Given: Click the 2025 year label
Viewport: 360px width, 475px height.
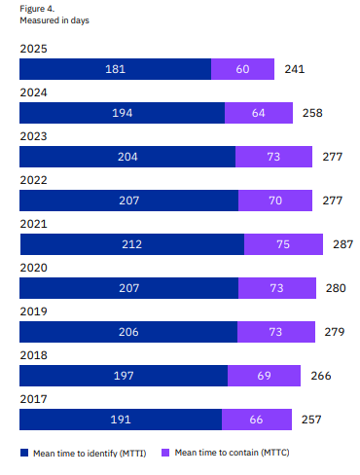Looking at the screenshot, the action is coord(33,49).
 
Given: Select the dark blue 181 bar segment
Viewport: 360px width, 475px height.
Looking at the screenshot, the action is coord(116,69).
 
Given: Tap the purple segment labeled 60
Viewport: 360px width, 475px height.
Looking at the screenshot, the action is coord(242,69).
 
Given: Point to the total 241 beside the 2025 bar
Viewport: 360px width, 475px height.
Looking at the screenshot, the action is coord(295,69).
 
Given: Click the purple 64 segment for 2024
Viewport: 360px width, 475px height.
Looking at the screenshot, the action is coord(259,113).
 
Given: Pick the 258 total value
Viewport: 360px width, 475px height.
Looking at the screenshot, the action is coord(312,113).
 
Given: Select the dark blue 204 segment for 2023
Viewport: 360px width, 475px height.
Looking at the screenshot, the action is coord(127,157).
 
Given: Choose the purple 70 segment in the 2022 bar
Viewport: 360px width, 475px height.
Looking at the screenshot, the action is coord(275,201).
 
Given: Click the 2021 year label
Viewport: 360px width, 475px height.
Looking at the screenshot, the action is coord(33,224).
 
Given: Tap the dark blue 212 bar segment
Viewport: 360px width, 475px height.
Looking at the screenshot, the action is coord(132,244).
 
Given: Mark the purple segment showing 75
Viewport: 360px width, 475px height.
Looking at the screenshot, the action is coord(283,244).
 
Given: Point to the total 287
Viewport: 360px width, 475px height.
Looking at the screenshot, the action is coord(342,244).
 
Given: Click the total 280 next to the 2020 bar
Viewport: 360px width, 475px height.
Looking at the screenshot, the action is coord(336,288).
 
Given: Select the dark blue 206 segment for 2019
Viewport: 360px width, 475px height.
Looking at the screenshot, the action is coord(128,332).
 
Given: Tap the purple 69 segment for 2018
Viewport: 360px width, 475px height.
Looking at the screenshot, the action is coord(264,376).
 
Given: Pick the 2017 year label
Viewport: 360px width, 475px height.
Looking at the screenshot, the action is coord(33,399).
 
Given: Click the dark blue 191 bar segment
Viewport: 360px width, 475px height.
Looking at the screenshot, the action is coord(121,420).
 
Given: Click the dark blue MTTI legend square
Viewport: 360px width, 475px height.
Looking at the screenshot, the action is coord(24,453).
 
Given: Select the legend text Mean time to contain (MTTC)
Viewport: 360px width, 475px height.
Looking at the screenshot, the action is coord(232,453).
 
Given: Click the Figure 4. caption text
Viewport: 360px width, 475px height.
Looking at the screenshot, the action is coord(37,9).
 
